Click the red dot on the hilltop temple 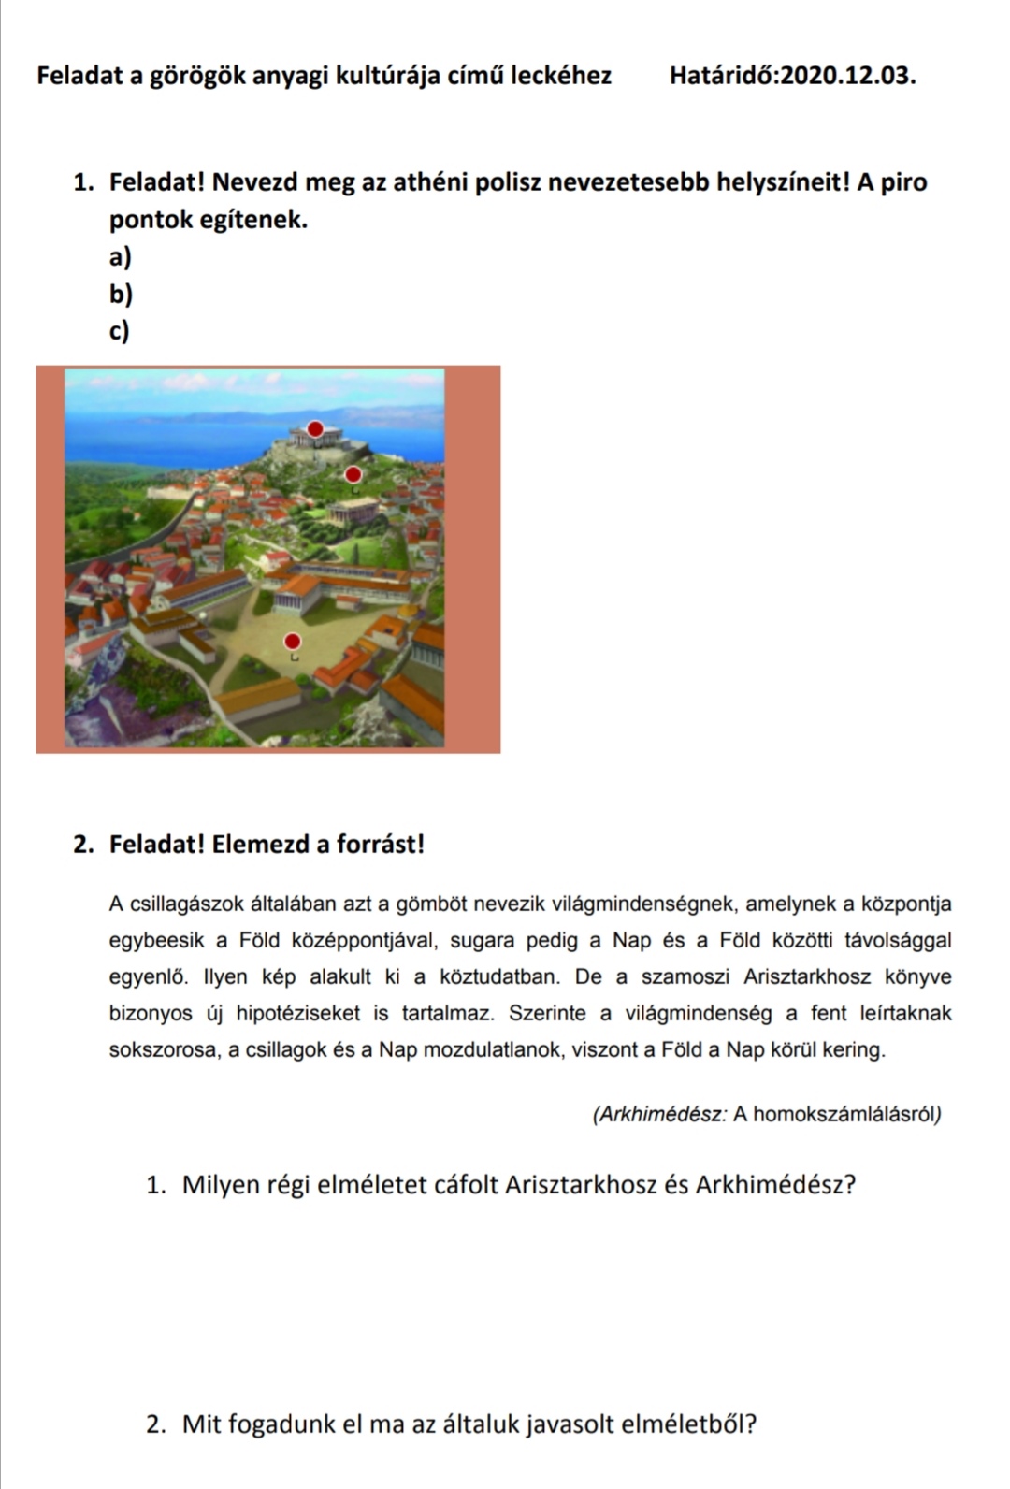(316, 428)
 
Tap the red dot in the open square (293, 641)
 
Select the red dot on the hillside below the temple (353, 473)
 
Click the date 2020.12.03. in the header (848, 76)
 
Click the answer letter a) (120, 256)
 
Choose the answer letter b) (121, 295)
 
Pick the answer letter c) (119, 331)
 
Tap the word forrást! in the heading (374, 845)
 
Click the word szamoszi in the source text (685, 977)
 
